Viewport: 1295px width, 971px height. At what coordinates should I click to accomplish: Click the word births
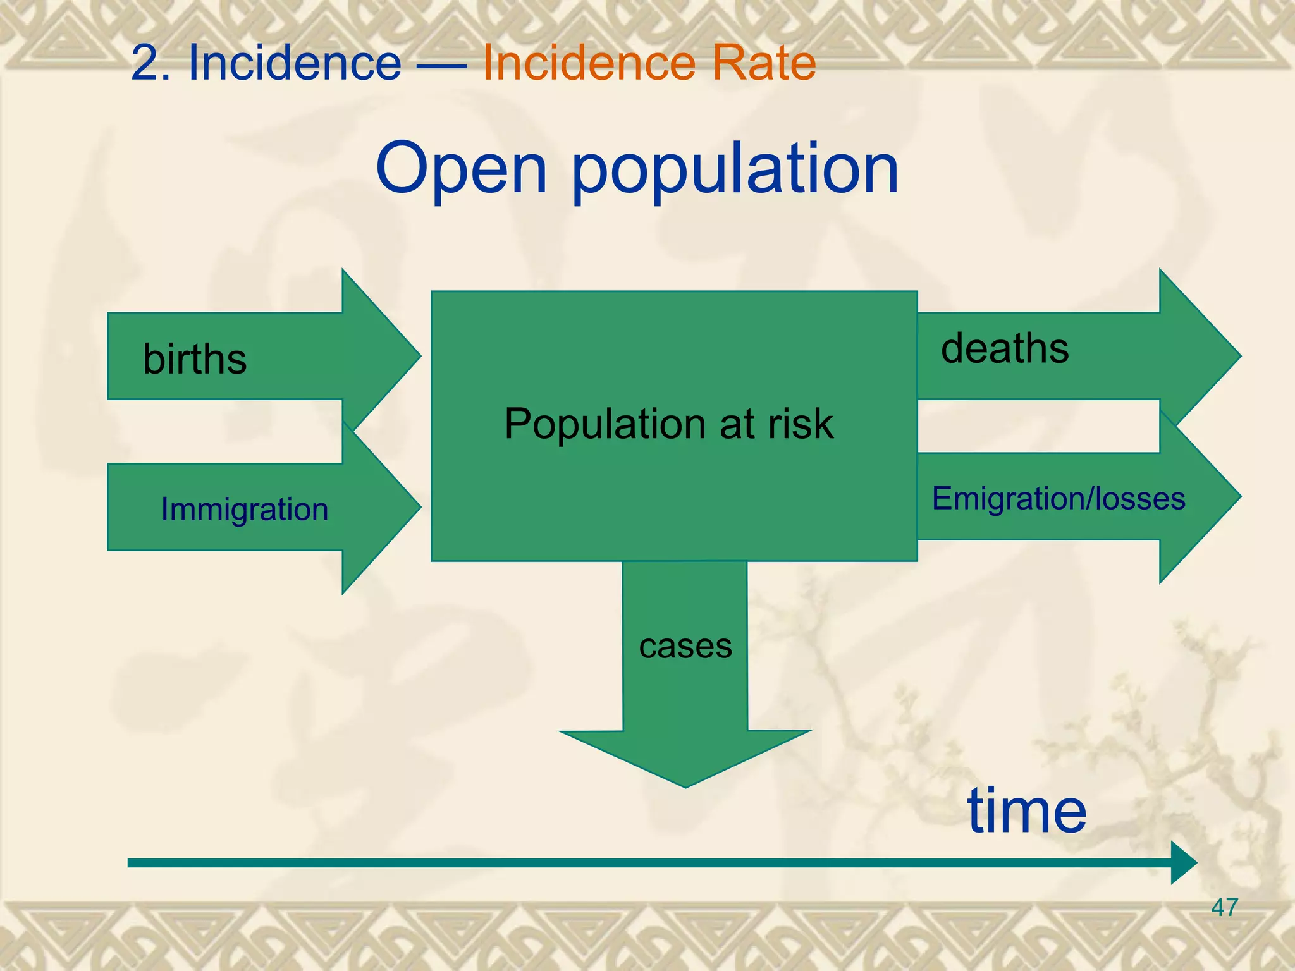click(x=195, y=359)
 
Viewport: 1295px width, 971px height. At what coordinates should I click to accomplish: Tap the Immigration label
click(x=245, y=509)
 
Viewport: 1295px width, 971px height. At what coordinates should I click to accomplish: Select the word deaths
click(x=1005, y=348)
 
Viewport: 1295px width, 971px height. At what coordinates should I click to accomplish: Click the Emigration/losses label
click(x=1059, y=498)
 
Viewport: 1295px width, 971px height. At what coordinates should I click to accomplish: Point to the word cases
click(x=685, y=646)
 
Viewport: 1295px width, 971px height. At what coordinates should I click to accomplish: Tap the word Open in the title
click(x=461, y=169)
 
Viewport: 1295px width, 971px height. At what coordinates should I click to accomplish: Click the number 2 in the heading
click(x=144, y=64)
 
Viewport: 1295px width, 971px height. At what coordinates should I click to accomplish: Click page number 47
click(x=1224, y=908)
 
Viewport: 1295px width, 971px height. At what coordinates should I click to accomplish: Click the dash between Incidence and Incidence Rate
click(x=442, y=64)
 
